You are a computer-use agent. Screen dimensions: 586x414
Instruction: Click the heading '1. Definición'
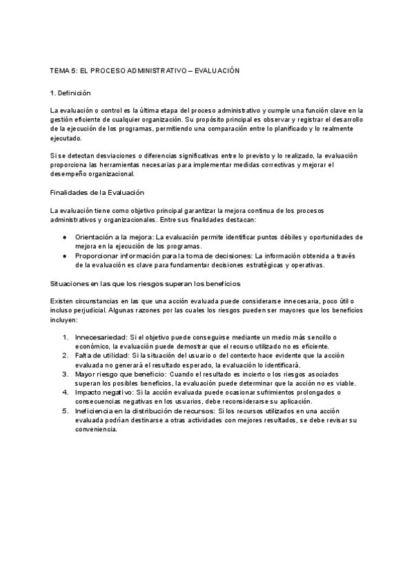(70, 92)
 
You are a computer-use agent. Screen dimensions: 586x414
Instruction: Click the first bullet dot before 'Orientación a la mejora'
(63, 237)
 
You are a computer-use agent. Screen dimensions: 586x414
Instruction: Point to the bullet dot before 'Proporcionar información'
(63, 256)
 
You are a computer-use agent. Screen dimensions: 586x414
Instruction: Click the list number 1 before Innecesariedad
(64, 337)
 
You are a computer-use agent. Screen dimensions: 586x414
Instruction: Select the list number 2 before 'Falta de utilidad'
(64, 355)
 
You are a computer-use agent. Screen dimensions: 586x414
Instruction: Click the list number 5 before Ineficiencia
(64, 410)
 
